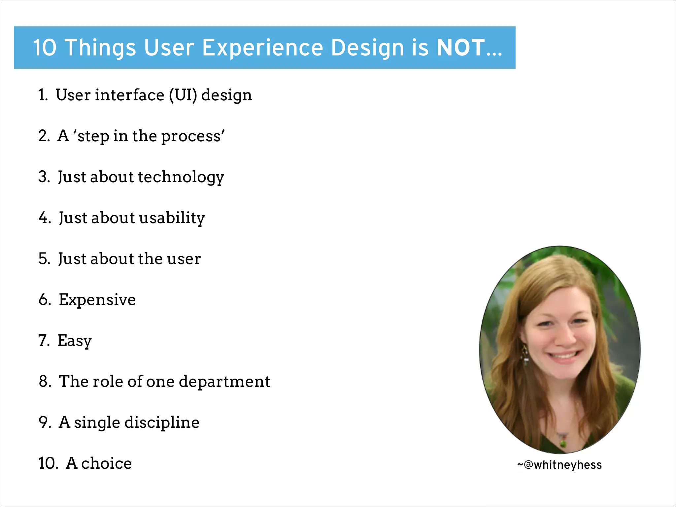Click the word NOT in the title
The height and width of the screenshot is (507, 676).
coord(460,48)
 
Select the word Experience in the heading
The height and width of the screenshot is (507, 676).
coord(262,48)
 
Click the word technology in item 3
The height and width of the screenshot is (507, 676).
coord(181,177)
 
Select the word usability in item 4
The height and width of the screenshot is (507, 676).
coord(172,218)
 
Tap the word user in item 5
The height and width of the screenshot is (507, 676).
coord(184,259)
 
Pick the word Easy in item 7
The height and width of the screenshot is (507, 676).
coord(75,341)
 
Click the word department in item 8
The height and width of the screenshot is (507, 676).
coord(224,382)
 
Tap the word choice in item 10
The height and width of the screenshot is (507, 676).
coord(106,463)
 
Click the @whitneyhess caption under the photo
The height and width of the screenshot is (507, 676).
coord(559,465)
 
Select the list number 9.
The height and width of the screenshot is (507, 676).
coord(44,422)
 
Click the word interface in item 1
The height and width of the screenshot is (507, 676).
coord(129,95)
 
